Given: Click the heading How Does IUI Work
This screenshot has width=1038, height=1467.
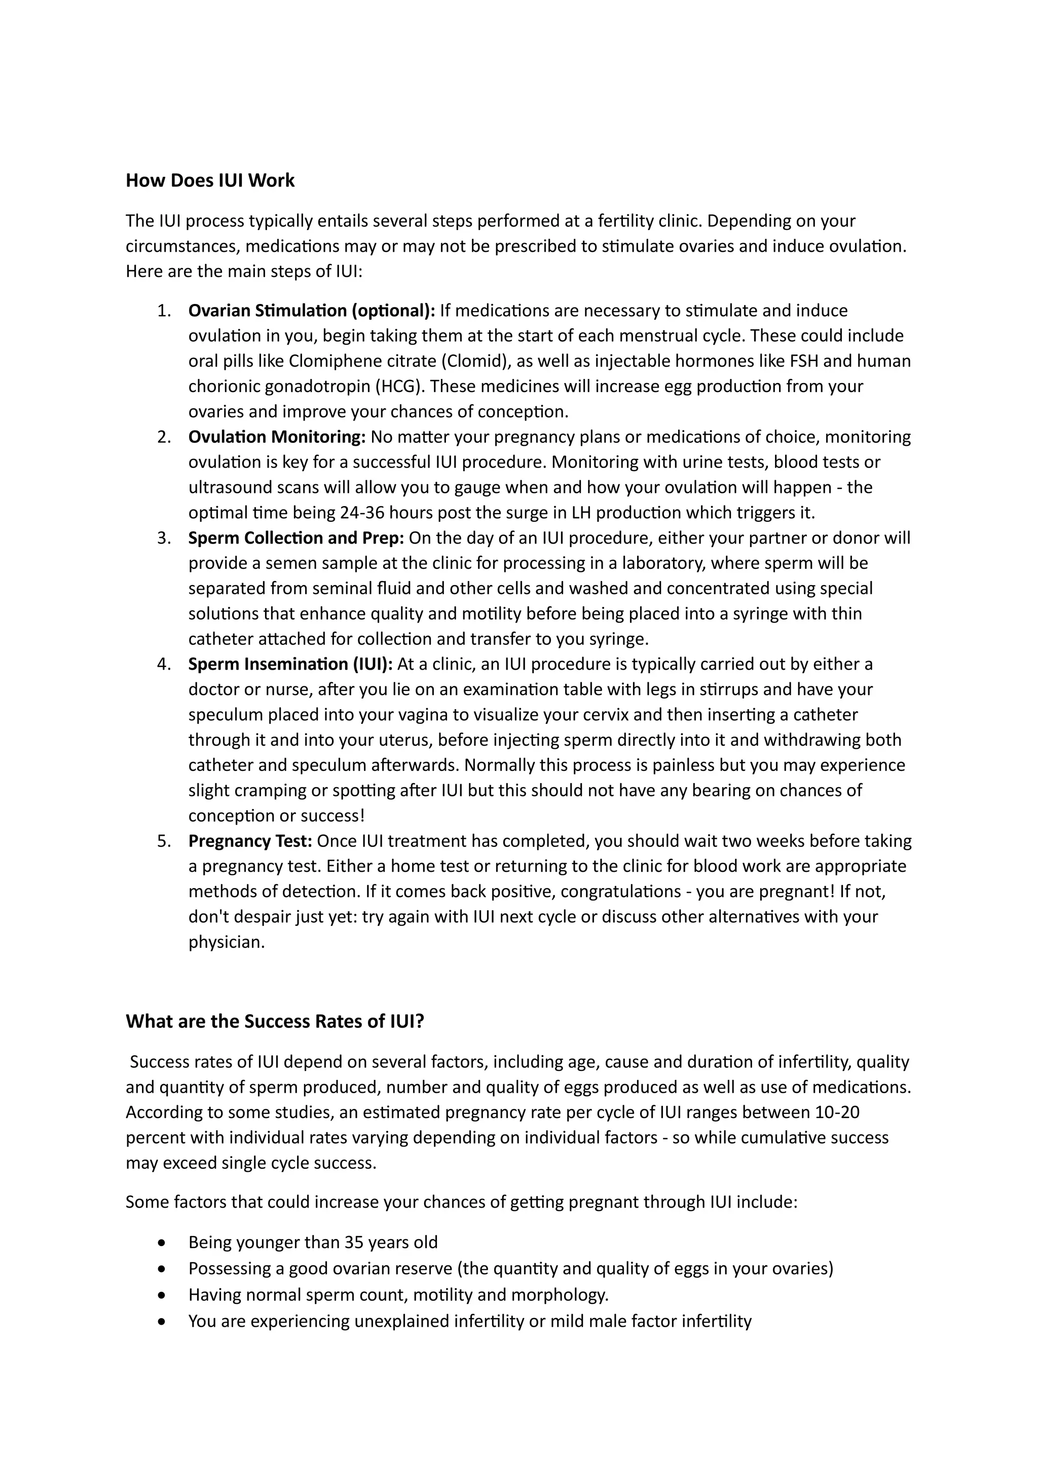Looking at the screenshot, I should click(x=210, y=180).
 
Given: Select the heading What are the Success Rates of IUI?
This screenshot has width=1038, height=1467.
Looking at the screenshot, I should click(x=275, y=1021).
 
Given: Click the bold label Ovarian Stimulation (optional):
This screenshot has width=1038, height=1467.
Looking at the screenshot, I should click(x=311, y=311).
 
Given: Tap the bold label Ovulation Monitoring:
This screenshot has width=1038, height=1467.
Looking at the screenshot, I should click(x=277, y=437).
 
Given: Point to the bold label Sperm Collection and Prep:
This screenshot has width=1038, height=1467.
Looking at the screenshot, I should click(x=296, y=538).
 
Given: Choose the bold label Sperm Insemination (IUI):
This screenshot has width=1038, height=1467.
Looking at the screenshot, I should click(x=290, y=664).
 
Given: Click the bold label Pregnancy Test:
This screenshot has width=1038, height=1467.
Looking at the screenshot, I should click(x=250, y=841).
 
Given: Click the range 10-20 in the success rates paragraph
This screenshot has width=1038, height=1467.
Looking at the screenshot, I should click(x=837, y=1112).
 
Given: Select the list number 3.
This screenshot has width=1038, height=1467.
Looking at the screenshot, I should click(x=164, y=538).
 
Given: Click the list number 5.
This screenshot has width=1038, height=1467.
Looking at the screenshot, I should click(x=164, y=841).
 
